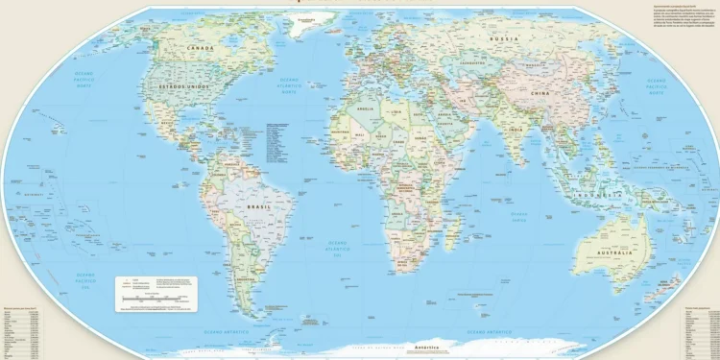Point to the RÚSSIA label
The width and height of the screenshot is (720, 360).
[x=505, y=39]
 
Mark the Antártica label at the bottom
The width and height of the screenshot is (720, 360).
[x=426, y=346]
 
